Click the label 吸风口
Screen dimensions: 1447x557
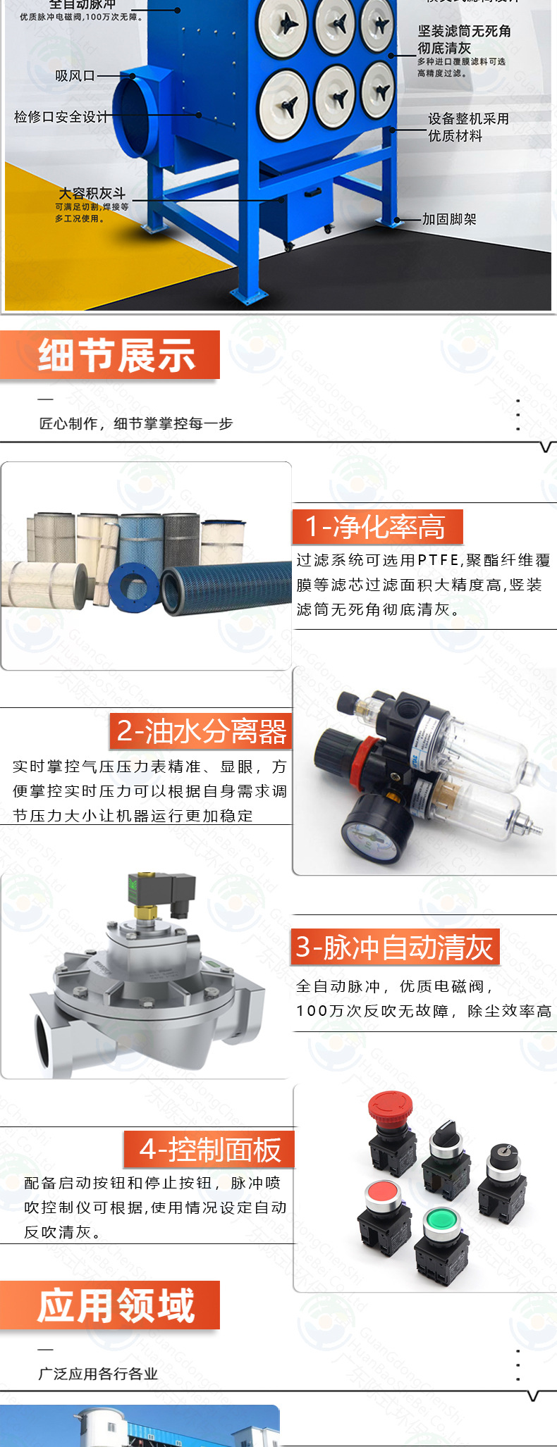(x=75, y=75)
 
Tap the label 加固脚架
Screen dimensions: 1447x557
(x=449, y=220)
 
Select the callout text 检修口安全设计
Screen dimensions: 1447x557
(x=61, y=117)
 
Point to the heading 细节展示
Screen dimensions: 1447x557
(x=116, y=355)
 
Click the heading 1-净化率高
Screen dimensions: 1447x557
(x=377, y=527)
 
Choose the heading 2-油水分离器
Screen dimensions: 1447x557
(x=202, y=731)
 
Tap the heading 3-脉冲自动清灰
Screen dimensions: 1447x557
(x=395, y=947)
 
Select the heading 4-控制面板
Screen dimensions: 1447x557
(x=210, y=1150)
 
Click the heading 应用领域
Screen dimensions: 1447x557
(x=116, y=1305)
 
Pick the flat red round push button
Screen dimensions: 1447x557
(x=382, y=1192)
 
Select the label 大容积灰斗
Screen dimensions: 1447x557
(x=92, y=194)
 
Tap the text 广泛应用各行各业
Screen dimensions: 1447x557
(x=98, y=1374)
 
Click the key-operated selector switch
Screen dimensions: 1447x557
(x=503, y=1156)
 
